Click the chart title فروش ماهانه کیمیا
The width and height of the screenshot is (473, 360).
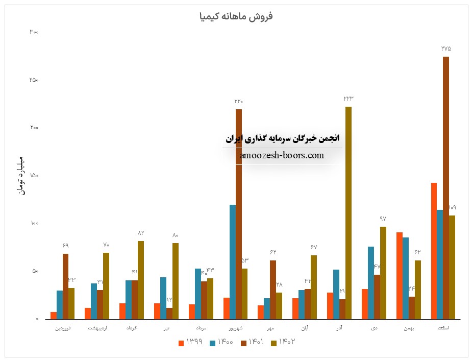tap(236, 16)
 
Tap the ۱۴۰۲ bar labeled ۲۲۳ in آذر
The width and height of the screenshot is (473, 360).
tap(348, 212)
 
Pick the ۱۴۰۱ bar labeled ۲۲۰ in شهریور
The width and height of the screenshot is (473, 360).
tap(239, 214)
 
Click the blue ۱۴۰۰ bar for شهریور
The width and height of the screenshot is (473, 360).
tap(233, 261)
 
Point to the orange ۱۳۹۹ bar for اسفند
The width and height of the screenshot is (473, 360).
tap(434, 251)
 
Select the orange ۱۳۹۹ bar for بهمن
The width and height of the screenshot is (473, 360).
tap(399, 275)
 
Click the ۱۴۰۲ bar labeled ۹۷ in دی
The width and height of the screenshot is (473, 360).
tap(383, 273)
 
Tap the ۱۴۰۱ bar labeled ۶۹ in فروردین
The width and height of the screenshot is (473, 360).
tap(65, 286)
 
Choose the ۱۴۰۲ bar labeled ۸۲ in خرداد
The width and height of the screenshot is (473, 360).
tap(141, 280)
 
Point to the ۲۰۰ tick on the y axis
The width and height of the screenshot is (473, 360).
tap(34, 128)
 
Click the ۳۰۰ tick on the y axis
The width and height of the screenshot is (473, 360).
tap(34, 32)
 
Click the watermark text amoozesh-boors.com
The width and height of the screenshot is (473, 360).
tap(282, 155)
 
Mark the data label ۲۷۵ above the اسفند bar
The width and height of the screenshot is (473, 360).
tap(446, 49)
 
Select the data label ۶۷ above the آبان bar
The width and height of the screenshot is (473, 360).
tap(314, 247)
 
